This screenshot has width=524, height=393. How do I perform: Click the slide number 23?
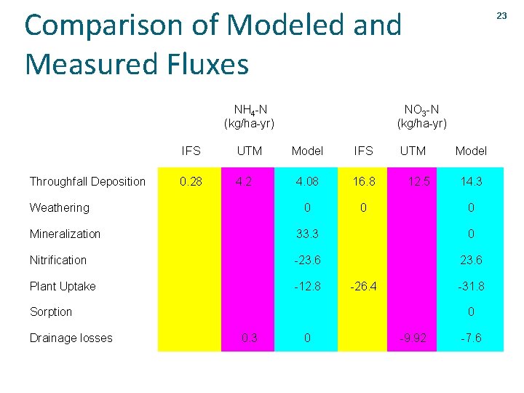pos(501,16)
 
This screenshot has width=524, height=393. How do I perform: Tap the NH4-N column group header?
pos(249,116)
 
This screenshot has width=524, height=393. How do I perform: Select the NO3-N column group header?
pos(421,116)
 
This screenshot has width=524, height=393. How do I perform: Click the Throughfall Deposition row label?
pos(87,181)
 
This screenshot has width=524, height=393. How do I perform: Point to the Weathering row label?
pos(59,207)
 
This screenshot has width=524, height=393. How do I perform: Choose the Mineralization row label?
pos(65,234)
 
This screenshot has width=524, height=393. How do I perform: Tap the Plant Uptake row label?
pos(63,286)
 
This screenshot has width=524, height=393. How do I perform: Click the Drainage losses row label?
pos(71,338)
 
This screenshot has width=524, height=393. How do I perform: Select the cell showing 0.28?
pos(191,181)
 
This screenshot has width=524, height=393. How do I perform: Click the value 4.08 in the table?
pos(307,181)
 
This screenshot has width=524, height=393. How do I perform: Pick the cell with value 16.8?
pos(363,181)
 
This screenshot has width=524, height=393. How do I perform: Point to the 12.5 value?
pos(413,181)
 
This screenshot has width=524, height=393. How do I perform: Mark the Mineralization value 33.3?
pos(307,234)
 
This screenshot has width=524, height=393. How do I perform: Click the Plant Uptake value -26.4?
pos(363,286)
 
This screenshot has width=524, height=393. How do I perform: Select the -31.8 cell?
pos(471,286)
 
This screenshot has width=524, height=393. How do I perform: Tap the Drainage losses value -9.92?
pos(413,338)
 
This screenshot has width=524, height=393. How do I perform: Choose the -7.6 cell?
pos(471,338)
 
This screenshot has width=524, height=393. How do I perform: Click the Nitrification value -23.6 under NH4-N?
pos(307,260)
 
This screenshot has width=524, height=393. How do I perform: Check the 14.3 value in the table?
pos(471,181)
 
